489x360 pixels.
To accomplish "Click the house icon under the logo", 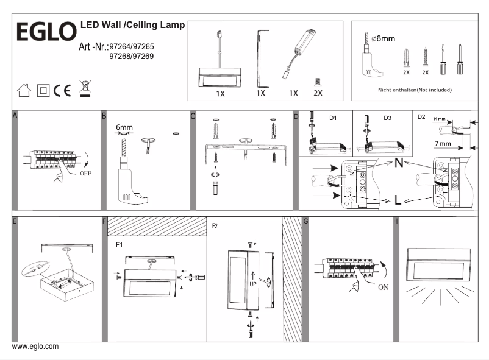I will [x=24, y=91].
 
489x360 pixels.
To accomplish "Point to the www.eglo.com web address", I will [x=35, y=347].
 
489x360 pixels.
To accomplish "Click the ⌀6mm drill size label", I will [x=384, y=39].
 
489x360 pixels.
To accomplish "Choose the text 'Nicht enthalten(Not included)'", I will [x=415, y=89].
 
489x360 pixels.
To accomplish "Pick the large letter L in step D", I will [x=398, y=200].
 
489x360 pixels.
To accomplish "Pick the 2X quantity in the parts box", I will [x=317, y=94].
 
